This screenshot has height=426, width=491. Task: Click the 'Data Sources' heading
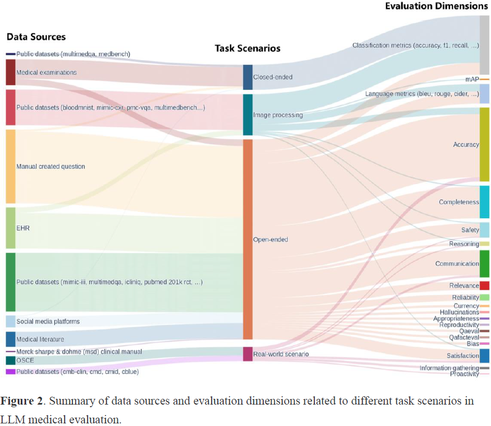pyautogui.click(x=36, y=37)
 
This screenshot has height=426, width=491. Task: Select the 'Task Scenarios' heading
pyautogui.click(x=248, y=49)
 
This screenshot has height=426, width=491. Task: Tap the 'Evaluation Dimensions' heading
pyautogui.click(x=436, y=6)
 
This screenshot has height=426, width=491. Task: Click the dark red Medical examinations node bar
pyautogui.click(x=10, y=73)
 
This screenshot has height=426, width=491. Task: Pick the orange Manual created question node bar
pyautogui.click(x=10, y=167)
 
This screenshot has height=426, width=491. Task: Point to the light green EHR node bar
pyautogui.click(x=10, y=228)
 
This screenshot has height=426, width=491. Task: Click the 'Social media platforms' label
pyautogui.click(x=48, y=322)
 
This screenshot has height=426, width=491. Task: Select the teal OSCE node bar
pyautogui.click(x=10, y=360)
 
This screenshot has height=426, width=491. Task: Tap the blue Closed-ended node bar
pyautogui.click(x=248, y=77)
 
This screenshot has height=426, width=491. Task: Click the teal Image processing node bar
pyautogui.click(x=248, y=115)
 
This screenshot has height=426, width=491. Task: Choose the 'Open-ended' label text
pyautogui.click(x=271, y=240)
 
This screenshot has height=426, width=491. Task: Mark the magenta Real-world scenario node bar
pyautogui.click(x=248, y=354)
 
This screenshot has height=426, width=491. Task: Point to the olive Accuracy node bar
pyautogui.click(x=484, y=145)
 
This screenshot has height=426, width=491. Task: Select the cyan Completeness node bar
pyautogui.click(x=484, y=202)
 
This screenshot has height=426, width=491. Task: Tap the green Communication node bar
pyautogui.click(x=484, y=264)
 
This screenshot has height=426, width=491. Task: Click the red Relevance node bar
pyautogui.click(x=484, y=286)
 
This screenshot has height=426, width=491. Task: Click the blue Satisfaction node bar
pyautogui.click(x=484, y=356)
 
